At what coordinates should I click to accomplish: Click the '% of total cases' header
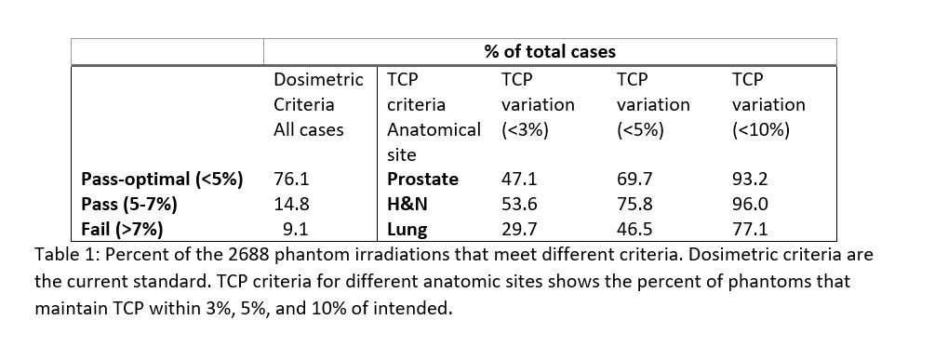(550, 52)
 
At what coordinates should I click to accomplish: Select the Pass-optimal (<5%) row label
(162, 180)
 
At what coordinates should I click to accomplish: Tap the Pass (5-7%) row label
(128, 204)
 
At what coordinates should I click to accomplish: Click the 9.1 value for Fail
(296, 230)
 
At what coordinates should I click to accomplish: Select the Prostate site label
(422, 180)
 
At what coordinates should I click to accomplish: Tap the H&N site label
(407, 204)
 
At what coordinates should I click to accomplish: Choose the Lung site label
(407, 230)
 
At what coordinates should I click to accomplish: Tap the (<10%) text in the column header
(761, 130)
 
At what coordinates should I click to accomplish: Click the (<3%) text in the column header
(525, 130)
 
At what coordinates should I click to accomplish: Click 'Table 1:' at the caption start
(67, 255)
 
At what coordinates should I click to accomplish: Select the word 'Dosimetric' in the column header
(318, 80)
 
